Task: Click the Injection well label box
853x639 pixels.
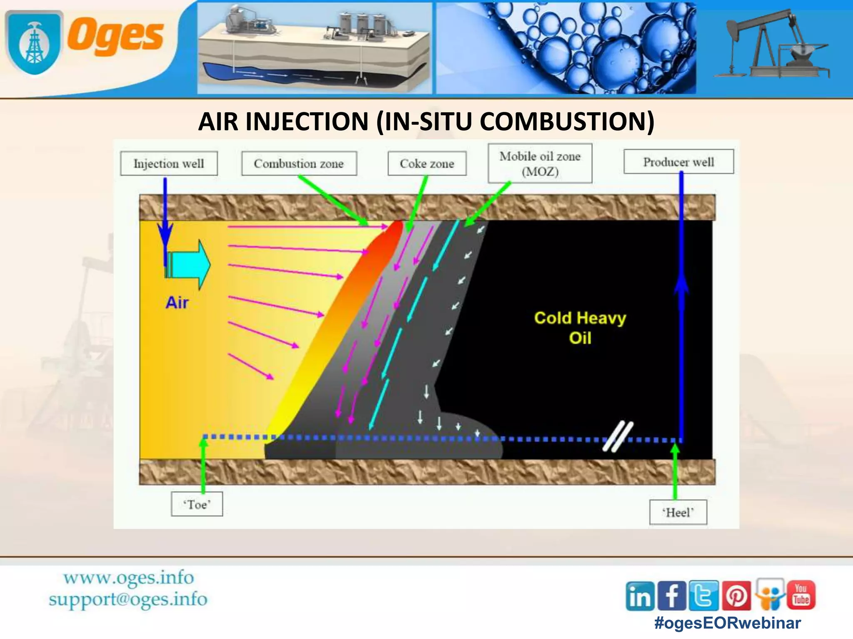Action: (x=169, y=163)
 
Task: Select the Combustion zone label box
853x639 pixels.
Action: (x=299, y=163)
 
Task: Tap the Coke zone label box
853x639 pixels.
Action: (x=427, y=163)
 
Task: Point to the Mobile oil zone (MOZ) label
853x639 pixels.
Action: (x=540, y=163)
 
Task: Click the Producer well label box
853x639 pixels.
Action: (x=678, y=162)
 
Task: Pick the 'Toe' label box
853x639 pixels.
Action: (x=197, y=504)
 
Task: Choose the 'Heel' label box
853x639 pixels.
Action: (x=678, y=512)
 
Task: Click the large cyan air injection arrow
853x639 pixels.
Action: (x=190, y=265)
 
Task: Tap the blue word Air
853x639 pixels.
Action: (x=177, y=302)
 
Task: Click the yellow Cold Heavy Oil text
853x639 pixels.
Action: (x=580, y=327)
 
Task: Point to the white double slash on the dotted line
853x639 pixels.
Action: (x=618, y=436)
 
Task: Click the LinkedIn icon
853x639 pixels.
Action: (x=640, y=596)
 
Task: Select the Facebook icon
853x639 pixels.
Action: (x=672, y=596)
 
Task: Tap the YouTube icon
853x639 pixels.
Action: (x=801, y=595)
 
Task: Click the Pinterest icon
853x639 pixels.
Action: (x=736, y=596)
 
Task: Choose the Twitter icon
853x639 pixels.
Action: (x=704, y=596)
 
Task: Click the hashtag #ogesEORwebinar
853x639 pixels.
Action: (x=728, y=623)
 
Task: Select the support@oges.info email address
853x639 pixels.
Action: (x=128, y=599)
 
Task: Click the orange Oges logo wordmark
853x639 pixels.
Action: (x=116, y=37)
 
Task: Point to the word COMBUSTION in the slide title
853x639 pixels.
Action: (x=567, y=121)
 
